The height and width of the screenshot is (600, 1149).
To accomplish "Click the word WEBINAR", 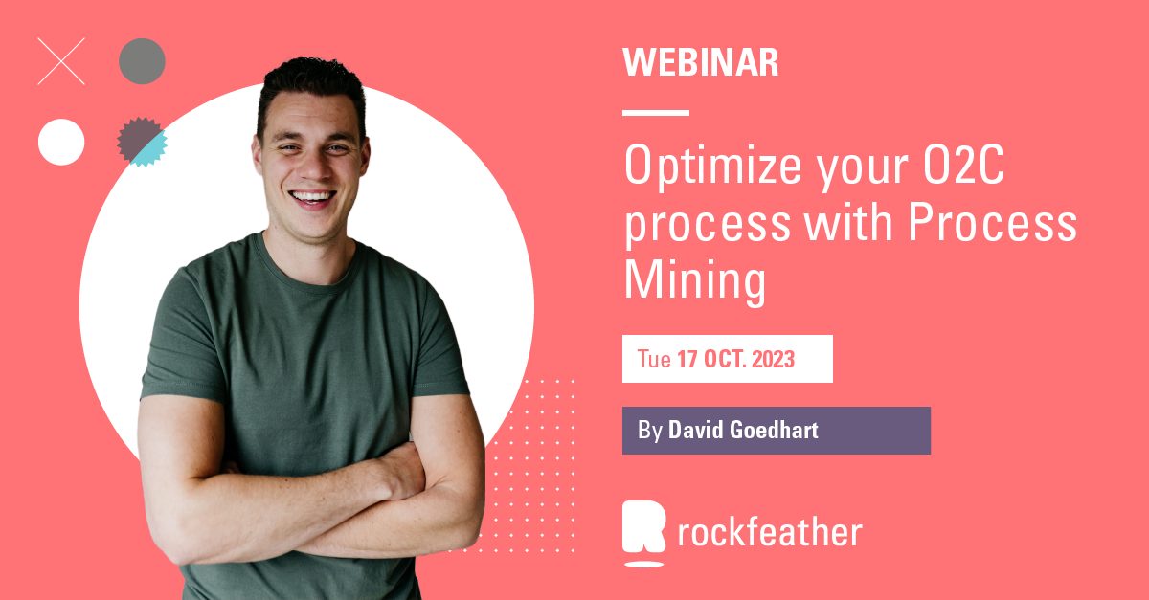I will tap(700, 63).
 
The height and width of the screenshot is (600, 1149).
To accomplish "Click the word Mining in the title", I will tap(695, 281).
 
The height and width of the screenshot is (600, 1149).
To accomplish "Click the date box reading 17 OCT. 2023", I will tap(728, 360).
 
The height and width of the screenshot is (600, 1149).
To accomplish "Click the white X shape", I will tap(61, 61).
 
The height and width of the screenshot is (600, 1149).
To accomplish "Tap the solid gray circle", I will tap(142, 61).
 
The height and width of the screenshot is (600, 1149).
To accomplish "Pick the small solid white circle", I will tap(61, 142).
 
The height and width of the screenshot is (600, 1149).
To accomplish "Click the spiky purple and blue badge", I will tap(142, 142).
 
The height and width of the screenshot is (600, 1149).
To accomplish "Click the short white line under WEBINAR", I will tap(656, 113).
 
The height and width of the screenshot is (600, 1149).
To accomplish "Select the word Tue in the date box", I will tap(654, 361).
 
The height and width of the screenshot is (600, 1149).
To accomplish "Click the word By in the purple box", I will tap(650, 431).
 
